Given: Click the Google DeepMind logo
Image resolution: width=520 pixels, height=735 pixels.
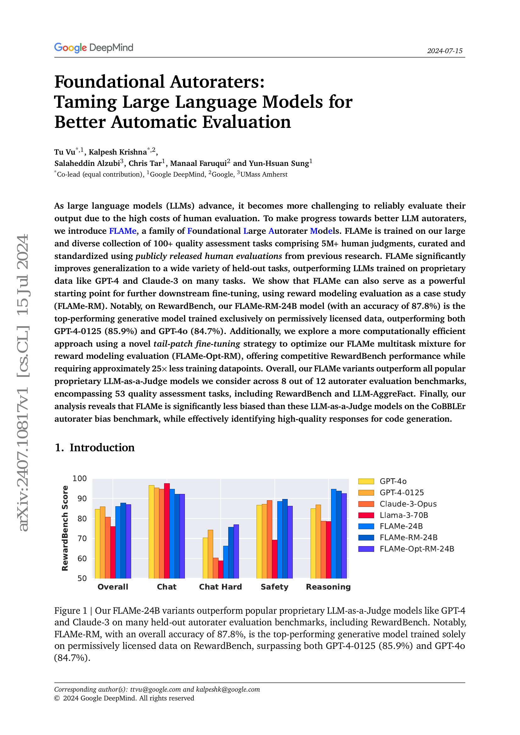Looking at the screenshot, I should [x=93, y=48].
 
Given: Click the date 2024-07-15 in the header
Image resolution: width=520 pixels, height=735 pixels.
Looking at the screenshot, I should [x=445, y=51].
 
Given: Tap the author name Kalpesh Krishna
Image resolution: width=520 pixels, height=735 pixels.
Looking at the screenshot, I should [x=118, y=152].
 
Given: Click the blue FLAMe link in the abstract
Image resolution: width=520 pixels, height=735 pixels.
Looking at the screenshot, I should [x=123, y=231].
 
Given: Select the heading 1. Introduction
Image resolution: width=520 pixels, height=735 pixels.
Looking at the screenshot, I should [x=94, y=447].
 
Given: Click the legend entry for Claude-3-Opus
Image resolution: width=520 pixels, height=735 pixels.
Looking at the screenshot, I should [x=408, y=503].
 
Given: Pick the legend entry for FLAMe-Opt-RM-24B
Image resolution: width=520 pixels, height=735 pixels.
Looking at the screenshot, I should [x=417, y=549].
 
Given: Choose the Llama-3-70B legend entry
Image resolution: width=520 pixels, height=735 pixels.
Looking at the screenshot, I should [x=403, y=515].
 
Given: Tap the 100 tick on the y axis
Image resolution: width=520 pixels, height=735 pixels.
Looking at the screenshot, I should [x=80, y=479].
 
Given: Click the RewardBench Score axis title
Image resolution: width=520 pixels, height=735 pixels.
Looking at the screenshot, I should [x=65, y=528].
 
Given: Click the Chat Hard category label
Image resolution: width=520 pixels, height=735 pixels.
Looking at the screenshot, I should [x=220, y=587].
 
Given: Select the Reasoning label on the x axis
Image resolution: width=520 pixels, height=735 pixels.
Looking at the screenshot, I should [x=328, y=587].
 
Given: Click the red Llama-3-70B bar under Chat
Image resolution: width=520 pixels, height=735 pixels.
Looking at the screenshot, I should [x=167, y=531].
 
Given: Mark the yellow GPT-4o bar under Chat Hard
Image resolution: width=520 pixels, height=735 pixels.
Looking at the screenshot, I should [x=205, y=558].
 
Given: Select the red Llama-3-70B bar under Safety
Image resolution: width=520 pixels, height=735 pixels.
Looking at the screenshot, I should [x=274, y=559].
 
